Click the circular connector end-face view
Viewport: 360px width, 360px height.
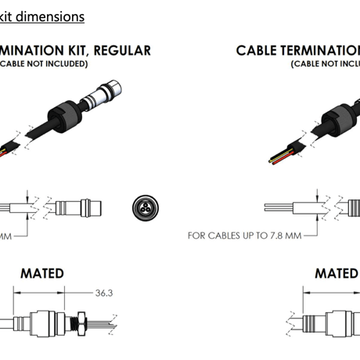point(144,207)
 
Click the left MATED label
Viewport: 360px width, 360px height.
point(42,274)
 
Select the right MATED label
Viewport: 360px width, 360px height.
point(336,274)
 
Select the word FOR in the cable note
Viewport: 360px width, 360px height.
point(196,235)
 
